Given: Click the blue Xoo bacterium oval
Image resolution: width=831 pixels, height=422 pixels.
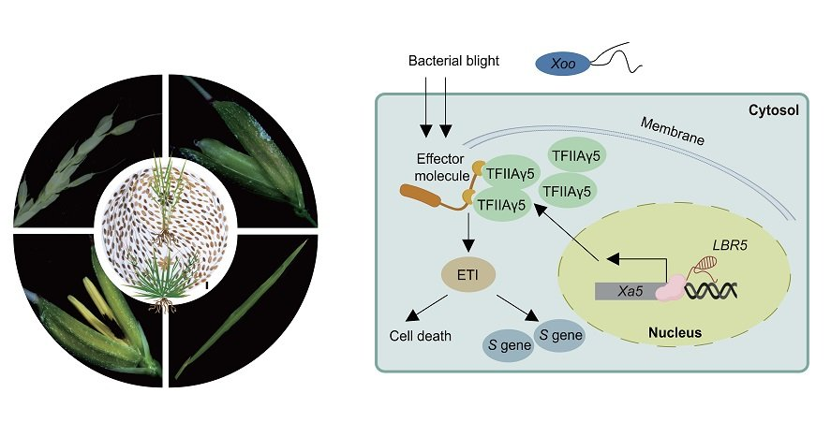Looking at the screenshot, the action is click(x=563, y=65).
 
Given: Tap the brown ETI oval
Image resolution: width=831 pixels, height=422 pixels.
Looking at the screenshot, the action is click(x=468, y=275).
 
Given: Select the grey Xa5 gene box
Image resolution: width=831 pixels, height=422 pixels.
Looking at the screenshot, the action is click(x=627, y=291).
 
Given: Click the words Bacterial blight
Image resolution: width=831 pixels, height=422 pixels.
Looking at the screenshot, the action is click(x=453, y=61).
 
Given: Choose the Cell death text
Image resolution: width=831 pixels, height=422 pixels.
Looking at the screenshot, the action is click(x=421, y=336).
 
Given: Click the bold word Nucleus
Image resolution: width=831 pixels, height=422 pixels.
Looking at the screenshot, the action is click(x=675, y=332).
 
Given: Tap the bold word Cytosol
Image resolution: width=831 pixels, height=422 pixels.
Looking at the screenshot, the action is click(x=773, y=110).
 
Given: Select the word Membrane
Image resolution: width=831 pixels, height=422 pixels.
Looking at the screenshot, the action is click(x=672, y=130).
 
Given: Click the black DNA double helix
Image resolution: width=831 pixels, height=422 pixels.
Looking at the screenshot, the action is click(x=711, y=291).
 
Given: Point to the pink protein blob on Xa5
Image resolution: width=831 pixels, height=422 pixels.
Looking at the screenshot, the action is click(x=671, y=288).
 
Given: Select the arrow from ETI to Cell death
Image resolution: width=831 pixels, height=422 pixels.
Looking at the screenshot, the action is click(x=426, y=308).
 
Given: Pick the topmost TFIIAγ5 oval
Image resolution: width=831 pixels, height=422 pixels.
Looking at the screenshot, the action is click(x=578, y=155).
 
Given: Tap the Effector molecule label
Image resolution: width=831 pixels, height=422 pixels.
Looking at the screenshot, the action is click(x=441, y=167).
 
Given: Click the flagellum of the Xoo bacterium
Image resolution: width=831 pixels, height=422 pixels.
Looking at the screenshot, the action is click(x=616, y=57).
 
